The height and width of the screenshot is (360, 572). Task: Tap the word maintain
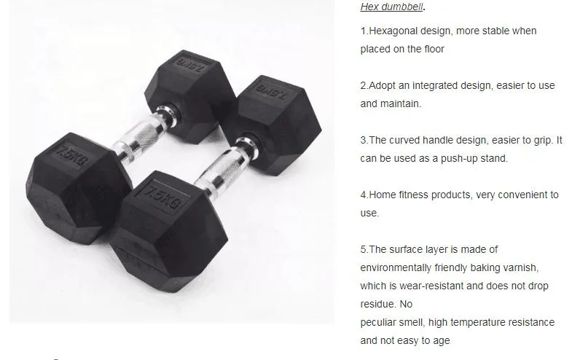[400, 103]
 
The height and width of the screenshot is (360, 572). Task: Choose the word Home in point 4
[383, 195]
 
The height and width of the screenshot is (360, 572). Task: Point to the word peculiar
[380, 322]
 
